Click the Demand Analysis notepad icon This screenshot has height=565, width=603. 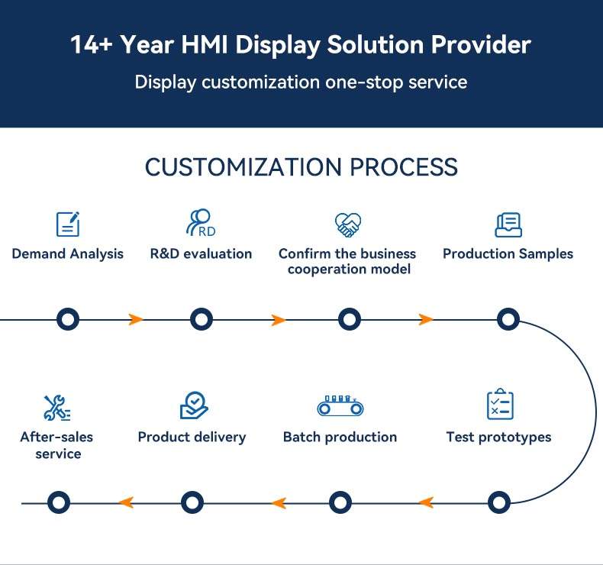tap(68, 224)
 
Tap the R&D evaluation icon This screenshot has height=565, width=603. tap(200, 223)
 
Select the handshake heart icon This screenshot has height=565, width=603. tap(348, 224)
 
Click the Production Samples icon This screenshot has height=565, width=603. tap(508, 224)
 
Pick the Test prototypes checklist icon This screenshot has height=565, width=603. tap(500, 405)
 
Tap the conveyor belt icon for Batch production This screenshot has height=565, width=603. tap(340, 405)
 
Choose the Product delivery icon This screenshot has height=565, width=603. tap(193, 405)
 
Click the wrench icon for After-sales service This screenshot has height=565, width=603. tap(56, 408)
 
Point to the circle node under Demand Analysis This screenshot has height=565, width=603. tap(68, 319)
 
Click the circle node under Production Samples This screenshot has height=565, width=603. tap(508, 319)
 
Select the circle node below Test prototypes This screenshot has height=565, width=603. tap(498, 502)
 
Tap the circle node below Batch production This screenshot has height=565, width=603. tap(340, 502)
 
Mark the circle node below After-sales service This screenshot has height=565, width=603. tap(59, 502)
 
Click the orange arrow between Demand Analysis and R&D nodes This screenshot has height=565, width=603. tap(136, 319)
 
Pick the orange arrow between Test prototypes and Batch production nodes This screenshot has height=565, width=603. tap(426, 502)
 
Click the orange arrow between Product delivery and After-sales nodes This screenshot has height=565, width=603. tap(126, 502)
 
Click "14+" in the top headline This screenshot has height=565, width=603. tap(93, 45)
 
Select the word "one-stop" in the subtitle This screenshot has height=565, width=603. tap(357, 82)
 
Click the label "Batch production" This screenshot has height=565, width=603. tap(340, 437)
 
